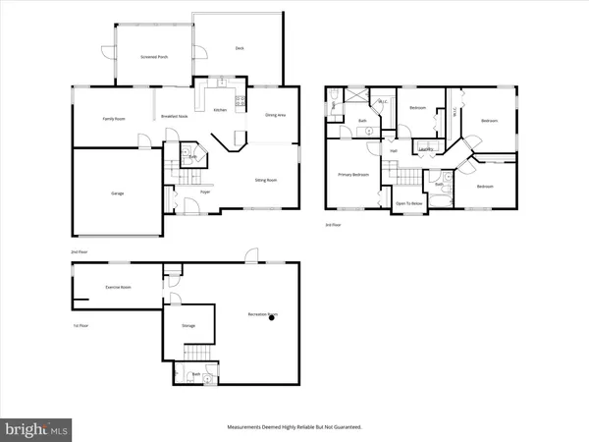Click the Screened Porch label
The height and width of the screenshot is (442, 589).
pyautogui.click(x=155, y=58)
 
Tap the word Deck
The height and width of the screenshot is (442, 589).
pyautogui.click(x=240, y=48)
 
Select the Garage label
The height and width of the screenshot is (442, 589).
pyautogui.click(x=117, y=193)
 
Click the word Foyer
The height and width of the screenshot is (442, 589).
pyautogui.click(x=206, y=193)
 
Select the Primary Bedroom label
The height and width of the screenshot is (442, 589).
pyautogui.click(x=353, y=174)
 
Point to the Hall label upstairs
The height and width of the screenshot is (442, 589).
pyautogui.click(x=394, y=150)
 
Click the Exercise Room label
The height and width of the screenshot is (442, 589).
pyautogui.click(x=119, y=287)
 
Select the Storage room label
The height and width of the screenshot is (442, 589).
pyautogui.click(x=188, y=325)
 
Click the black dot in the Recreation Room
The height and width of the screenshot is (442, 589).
pyautogui.click(x=274, y=318)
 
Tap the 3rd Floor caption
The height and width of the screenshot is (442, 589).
pyautogui.click(x=334, y=224)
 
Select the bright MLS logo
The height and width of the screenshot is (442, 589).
pyautogui.click(x=37, y=428)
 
